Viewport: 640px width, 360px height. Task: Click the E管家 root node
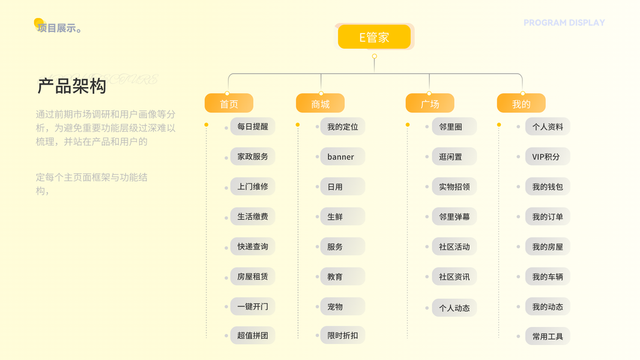pos(374,37)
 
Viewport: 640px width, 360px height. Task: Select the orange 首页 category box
pos(229,104)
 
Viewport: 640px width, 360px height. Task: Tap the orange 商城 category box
pos(320,104)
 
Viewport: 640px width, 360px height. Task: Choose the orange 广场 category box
pos(429,104)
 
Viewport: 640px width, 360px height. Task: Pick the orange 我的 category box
pos(521,104)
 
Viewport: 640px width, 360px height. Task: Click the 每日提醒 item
pos(253,127)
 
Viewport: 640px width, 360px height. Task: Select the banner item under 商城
pos(341,157)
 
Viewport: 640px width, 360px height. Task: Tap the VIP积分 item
pos(546,157)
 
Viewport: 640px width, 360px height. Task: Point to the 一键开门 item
pos(253,307)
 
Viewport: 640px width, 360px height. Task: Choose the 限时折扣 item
pos(342,335)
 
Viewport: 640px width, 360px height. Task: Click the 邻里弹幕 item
pos(454,217)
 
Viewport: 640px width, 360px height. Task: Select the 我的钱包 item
pos(548,187)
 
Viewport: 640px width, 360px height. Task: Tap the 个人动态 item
pos(454,308)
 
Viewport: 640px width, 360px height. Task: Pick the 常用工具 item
pos(548,337)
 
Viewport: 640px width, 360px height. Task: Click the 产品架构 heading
pos(72,86)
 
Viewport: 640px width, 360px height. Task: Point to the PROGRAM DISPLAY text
pos(564,23)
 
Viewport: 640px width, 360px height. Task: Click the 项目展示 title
pos(58,28)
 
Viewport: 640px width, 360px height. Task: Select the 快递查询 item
pos(253,247)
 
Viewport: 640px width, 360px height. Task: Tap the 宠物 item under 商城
pos(336,307)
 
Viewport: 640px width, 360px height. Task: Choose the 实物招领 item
pos(454,187)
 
